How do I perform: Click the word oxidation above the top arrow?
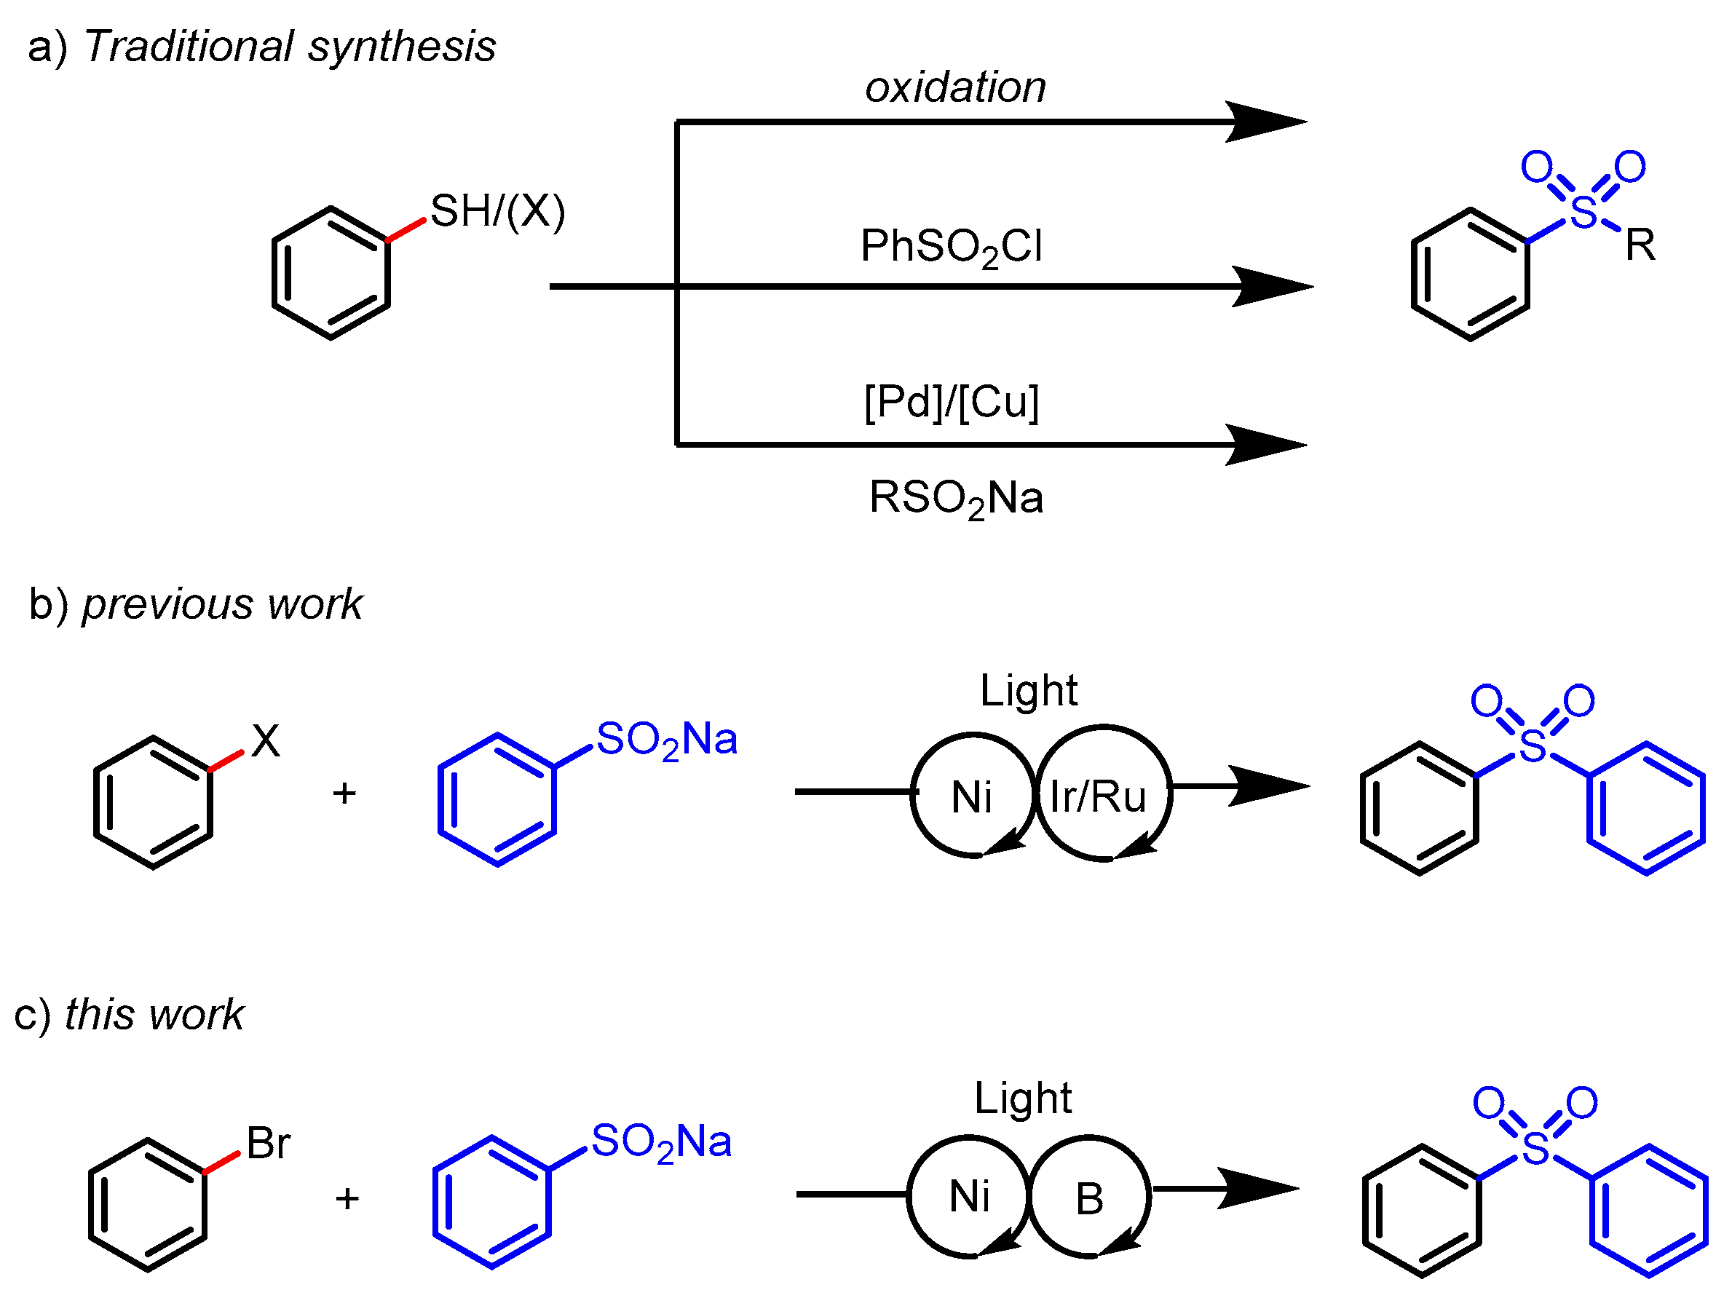tap(955, 87)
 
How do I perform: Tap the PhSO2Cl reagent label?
tap(952, 248)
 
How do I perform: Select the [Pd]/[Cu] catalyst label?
tap(952, 403)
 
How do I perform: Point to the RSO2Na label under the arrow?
tap(956, 499)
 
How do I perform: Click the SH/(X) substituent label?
tap(497, 211)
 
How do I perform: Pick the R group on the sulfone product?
tap(1640, 246)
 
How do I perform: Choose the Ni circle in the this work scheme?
tap(969, 1197)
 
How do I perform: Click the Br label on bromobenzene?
tap(269, 1144)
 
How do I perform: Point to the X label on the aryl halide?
tap(266, 740)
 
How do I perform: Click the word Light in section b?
tap(1028, 690)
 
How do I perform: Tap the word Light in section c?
tap(1023, 1098)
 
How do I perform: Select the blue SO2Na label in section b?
tap(666, 740)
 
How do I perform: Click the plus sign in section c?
tap(347, 1198)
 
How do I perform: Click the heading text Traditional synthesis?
tap(290, 46)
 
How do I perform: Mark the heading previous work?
tap(222, 604)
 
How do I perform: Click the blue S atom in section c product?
tap(1535, 1149)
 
